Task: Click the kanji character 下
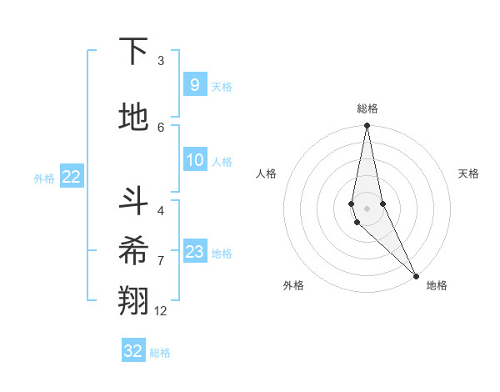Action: coord(133,52)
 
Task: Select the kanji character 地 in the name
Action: coord(133,118)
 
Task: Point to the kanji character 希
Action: coord(133,250)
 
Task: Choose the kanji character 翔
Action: coord(133,301)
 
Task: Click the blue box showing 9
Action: coord(194,84)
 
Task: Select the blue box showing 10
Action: coord(194,160)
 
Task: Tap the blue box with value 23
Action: coord(194,252)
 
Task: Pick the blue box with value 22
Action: coord(71,177)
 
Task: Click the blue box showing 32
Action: coord(133,351)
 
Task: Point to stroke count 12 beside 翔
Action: coord(161,311)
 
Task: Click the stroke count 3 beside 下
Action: coord(161,61)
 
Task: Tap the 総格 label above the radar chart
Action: coord(367,108)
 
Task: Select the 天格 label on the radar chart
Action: coord(468,173)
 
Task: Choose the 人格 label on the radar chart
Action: coord(266,173)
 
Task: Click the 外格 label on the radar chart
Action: coord(293,285)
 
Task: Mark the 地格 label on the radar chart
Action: coord(437,285)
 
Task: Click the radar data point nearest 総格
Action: coord(367,126)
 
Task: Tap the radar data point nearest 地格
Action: coord(415,275)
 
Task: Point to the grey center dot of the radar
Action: coord(367,208)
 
